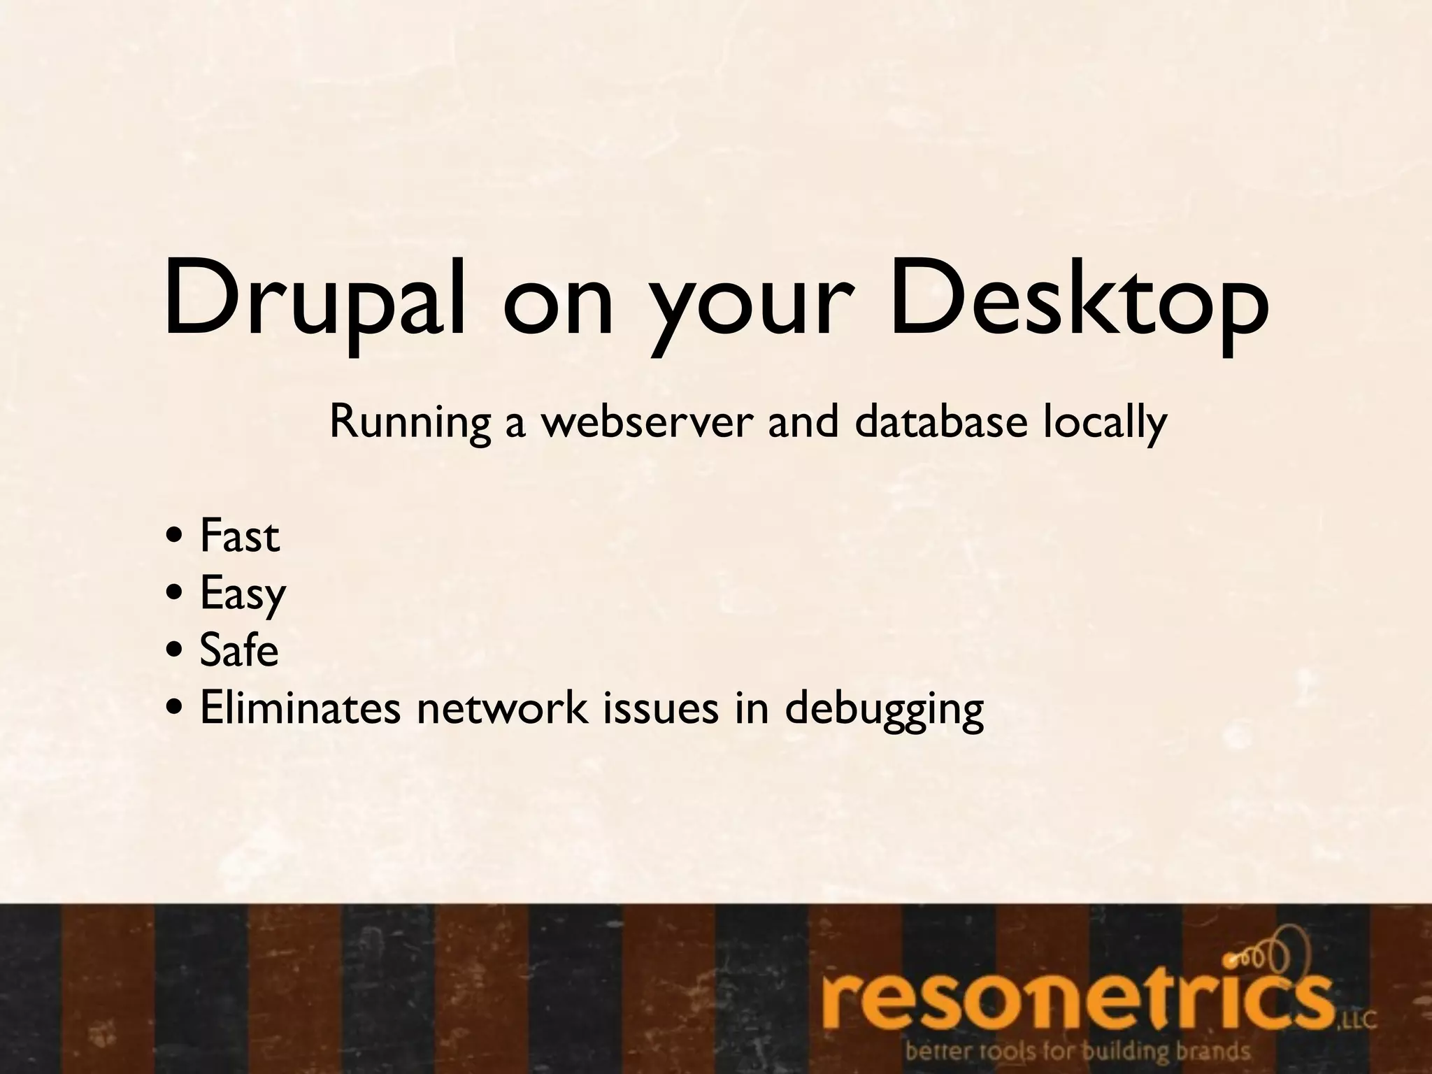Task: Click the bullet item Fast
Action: (239, 537)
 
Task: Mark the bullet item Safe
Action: (239, 650)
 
